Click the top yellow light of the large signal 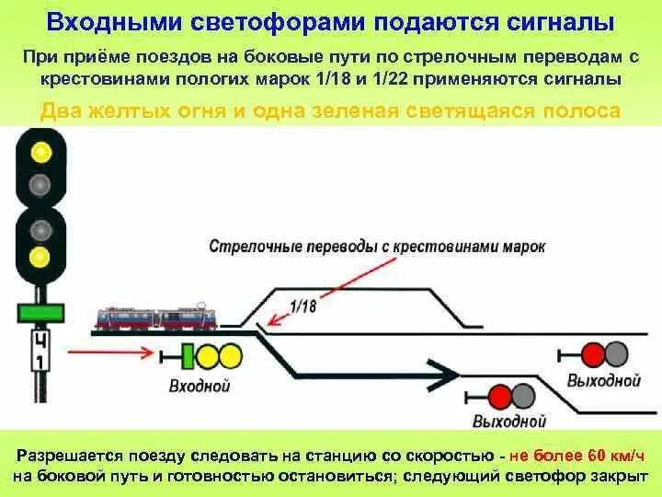pos(40,152)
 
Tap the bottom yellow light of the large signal pos(40,255)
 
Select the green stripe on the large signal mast pos(40,312)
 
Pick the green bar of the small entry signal pos(188,355)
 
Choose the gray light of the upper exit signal pos(616,354)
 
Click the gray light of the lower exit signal pos(523,397)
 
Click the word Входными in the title pos(103,21)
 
